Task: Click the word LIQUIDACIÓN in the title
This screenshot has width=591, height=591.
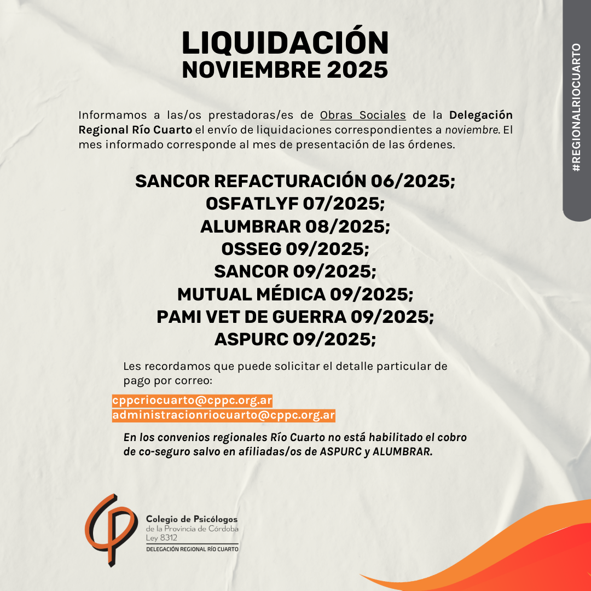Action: pyautogui.click(x=285, y=42)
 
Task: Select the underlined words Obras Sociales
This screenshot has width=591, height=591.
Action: pyautogui.click(x=363, y=115)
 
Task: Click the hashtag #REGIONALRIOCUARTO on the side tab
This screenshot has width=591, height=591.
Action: pyautogui.click(x=576, y=108)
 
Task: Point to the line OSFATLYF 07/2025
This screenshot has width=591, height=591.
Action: pyautogui.click(x=296, y=204)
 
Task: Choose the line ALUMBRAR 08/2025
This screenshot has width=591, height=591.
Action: pyautogui.click(x=296, y=226)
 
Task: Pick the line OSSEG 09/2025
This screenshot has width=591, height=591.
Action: pyautogui.click(x=296, y=248)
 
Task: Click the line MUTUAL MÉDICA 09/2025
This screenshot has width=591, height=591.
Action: pyautogui.click(x=296, y=294)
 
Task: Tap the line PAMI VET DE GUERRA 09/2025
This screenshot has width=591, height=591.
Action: pyautogui.click(x=296, y=317)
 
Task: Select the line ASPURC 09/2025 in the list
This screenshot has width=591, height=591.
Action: pyautogui.click(x=296, y=339)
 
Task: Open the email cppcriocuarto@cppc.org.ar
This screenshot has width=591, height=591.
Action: pyautogui.click(x=192, y=401)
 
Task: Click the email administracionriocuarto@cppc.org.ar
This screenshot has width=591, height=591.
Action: pyautogui.click(x=223, y=415)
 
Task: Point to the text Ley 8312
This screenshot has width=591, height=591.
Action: pyautogui.click(x=159, y=538)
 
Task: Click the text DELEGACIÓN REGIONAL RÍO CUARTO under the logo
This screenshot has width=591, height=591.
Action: pyautogui.click(x=192, y=548)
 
